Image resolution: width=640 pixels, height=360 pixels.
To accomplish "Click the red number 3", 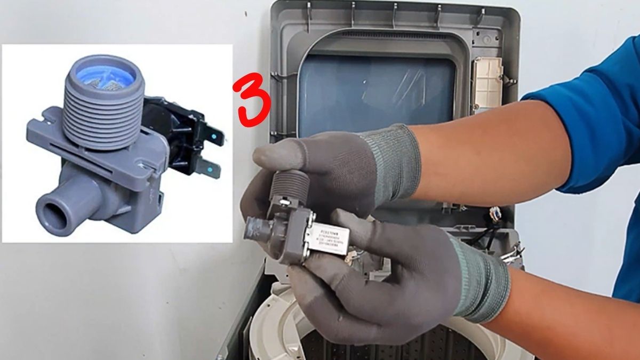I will (x=254, y=99).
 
